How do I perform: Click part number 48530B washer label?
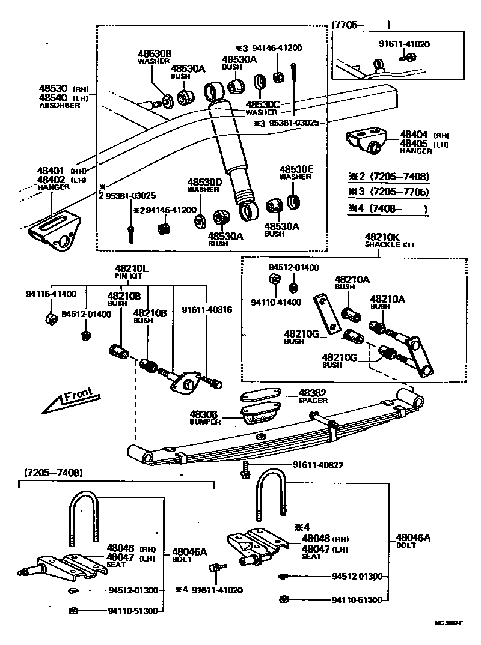(x=155, y=54)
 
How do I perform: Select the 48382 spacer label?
(x=313, y=393)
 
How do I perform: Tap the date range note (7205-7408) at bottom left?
(x=53, y=473)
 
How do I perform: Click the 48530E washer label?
(x=295, y=170)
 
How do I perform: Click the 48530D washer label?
(x=204, y=181)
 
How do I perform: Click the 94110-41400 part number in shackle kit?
(x=276, y=302)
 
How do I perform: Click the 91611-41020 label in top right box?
(x=404, y=44)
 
